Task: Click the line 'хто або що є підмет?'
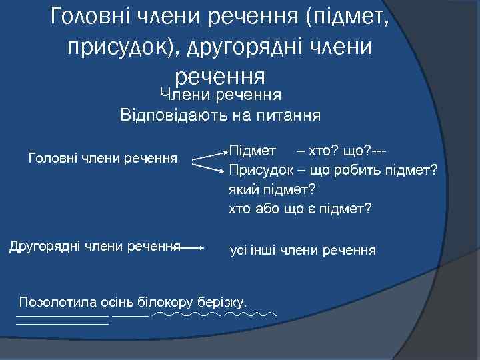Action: tap(300, 209)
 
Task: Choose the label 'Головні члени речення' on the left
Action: tap(103, 158)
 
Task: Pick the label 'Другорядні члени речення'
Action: tap(95, 246)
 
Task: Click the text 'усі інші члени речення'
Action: tap(303, 251)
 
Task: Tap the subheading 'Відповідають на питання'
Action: tap(221, 115)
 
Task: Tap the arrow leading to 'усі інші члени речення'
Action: tap(193, 247)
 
